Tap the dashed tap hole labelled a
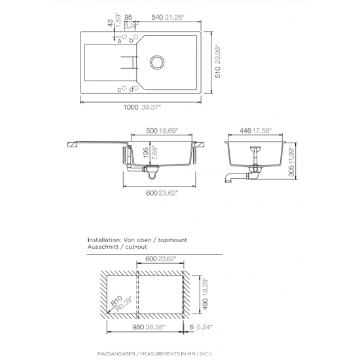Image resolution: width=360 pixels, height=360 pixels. [124, 37]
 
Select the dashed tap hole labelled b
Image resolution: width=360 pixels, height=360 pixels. [136, 37]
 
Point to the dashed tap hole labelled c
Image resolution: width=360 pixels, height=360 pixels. [124, 88]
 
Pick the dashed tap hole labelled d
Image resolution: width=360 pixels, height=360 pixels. [136, 88]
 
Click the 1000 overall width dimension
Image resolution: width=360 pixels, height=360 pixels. [131, 107]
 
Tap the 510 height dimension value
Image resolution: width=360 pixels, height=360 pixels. [218, 72]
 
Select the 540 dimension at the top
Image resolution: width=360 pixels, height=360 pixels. [157, 17]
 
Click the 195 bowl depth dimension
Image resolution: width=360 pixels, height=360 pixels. [146, 153]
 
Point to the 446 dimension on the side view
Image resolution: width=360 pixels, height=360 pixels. [245, 131]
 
